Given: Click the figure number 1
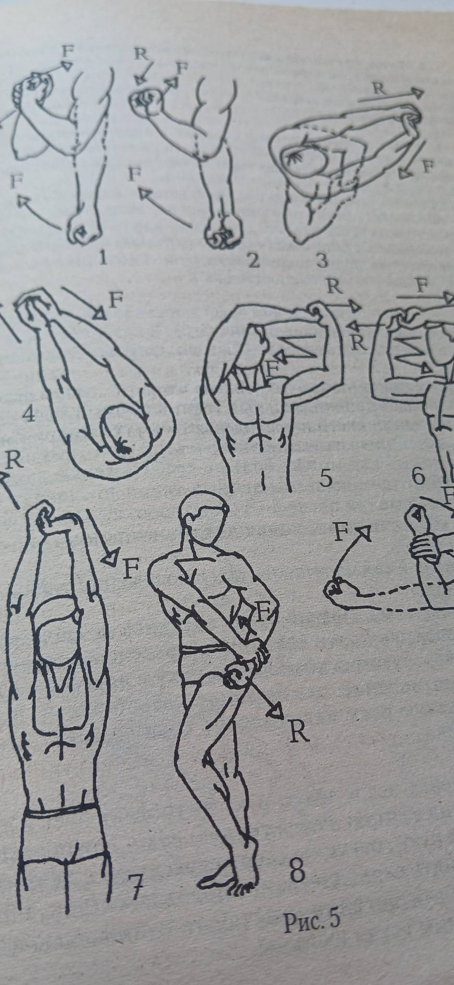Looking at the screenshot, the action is point(102,258).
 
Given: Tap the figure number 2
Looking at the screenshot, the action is point(252,261).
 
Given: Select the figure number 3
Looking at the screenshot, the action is point(321,261).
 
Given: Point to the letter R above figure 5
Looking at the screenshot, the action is point(334,287).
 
